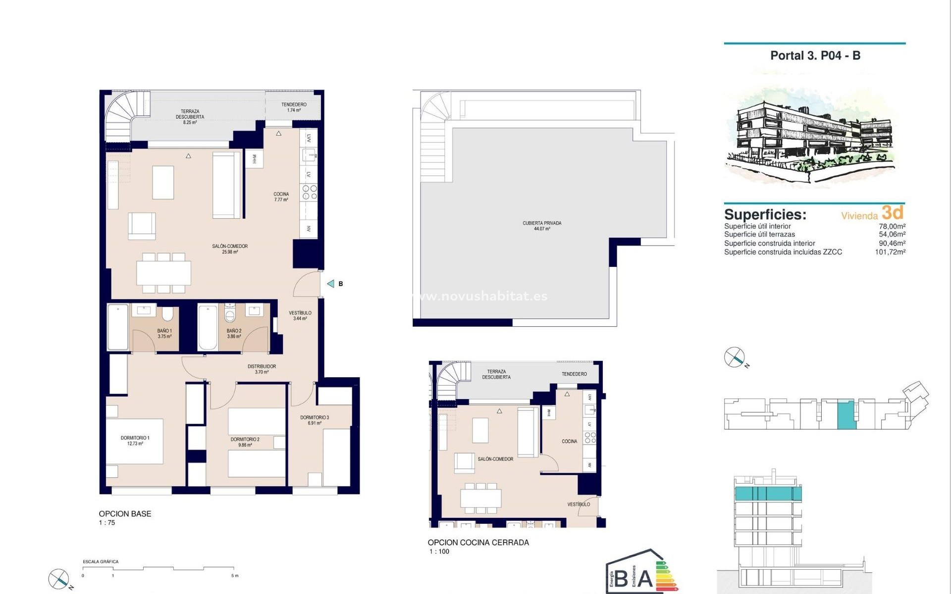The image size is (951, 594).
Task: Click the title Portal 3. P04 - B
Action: (x=815, y=55)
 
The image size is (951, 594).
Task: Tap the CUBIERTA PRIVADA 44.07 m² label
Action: (x=542, y=226)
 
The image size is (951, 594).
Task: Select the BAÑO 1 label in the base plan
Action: (x=164, y=333)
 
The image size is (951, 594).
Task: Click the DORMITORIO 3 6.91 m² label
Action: (x=315, y=420)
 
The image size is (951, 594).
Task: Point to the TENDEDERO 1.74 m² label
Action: (x=294, y=107)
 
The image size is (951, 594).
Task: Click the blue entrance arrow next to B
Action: (x=330, y=284)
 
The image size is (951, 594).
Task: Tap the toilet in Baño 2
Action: (x=230, y=314)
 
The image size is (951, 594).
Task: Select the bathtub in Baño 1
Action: (x=118, y=327)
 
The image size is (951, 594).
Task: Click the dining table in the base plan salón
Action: (x=163, y=273)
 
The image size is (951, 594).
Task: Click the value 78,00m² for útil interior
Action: (x=892, y=226)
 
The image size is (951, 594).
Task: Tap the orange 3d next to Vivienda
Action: (x=893, y=213)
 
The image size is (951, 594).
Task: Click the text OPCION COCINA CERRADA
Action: (x=478, y=543)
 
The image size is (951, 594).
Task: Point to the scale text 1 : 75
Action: (x=107, y=523)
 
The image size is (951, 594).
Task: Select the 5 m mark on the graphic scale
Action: (x=235, y=576)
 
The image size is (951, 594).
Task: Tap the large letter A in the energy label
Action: (x=644, y=578)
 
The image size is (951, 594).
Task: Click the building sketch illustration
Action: (x=812, y=134)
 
